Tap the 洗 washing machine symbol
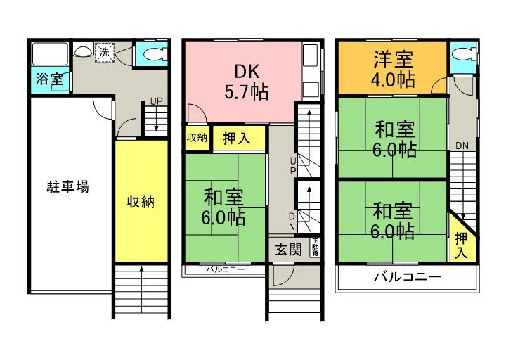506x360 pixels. (x=104, y=52)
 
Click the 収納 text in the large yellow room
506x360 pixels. (x=141, y=202)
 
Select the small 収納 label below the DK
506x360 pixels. (x=197, y=138)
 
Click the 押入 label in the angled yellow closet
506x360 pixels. (x=461, y=245)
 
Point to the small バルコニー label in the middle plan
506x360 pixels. (x=225, y=269)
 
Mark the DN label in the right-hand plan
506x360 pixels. (x=462, y=146)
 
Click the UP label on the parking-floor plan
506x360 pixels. (x=156, y=101)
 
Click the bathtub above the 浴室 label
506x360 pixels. (x=48, y=53)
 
